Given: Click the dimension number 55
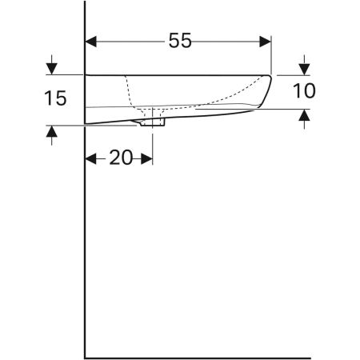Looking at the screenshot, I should pyautogui.click(x=180, y=41).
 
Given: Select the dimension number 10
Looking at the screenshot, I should pyautogui.click(x=303, y=90).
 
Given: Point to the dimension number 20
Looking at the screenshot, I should pyautogui.click(x=120, y=157).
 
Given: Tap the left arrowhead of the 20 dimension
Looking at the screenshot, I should pyautogui.click(x=91, y=158).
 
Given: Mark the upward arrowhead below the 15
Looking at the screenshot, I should pyautogui.click(x=52, y=131).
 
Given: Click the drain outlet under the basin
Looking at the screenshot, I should pyautogui.click(x=151, y=123).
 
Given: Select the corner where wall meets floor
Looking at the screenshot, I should pyautogui.click(x=85, y=357).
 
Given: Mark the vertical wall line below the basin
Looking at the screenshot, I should pyautogui.click(x=85, y=240).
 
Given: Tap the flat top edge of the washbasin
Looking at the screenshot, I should pyautogui.click(x=176, y=74).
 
